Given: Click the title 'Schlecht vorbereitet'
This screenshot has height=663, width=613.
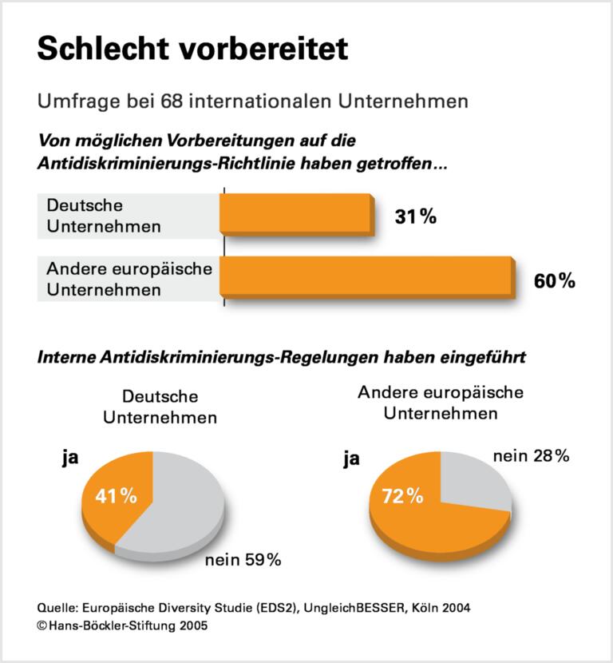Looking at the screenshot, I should click(192, 50).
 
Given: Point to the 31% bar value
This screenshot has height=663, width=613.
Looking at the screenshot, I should click(415, 216).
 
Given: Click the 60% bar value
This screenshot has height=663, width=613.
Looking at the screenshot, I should click(554, 280).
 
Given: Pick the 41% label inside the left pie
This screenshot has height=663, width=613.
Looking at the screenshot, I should click(117, 496).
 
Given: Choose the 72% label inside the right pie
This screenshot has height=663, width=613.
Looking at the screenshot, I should click(401, 496).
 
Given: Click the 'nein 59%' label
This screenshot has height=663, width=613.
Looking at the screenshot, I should click(243, 560).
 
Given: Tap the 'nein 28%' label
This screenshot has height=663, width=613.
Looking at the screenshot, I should click(530, 456).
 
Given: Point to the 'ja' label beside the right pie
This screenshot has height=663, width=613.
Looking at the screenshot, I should click(351, 459).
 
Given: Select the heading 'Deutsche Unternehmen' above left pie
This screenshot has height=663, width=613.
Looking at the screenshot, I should click(160, 407).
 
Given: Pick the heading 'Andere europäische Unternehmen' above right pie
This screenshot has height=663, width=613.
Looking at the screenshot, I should click(441, 403).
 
